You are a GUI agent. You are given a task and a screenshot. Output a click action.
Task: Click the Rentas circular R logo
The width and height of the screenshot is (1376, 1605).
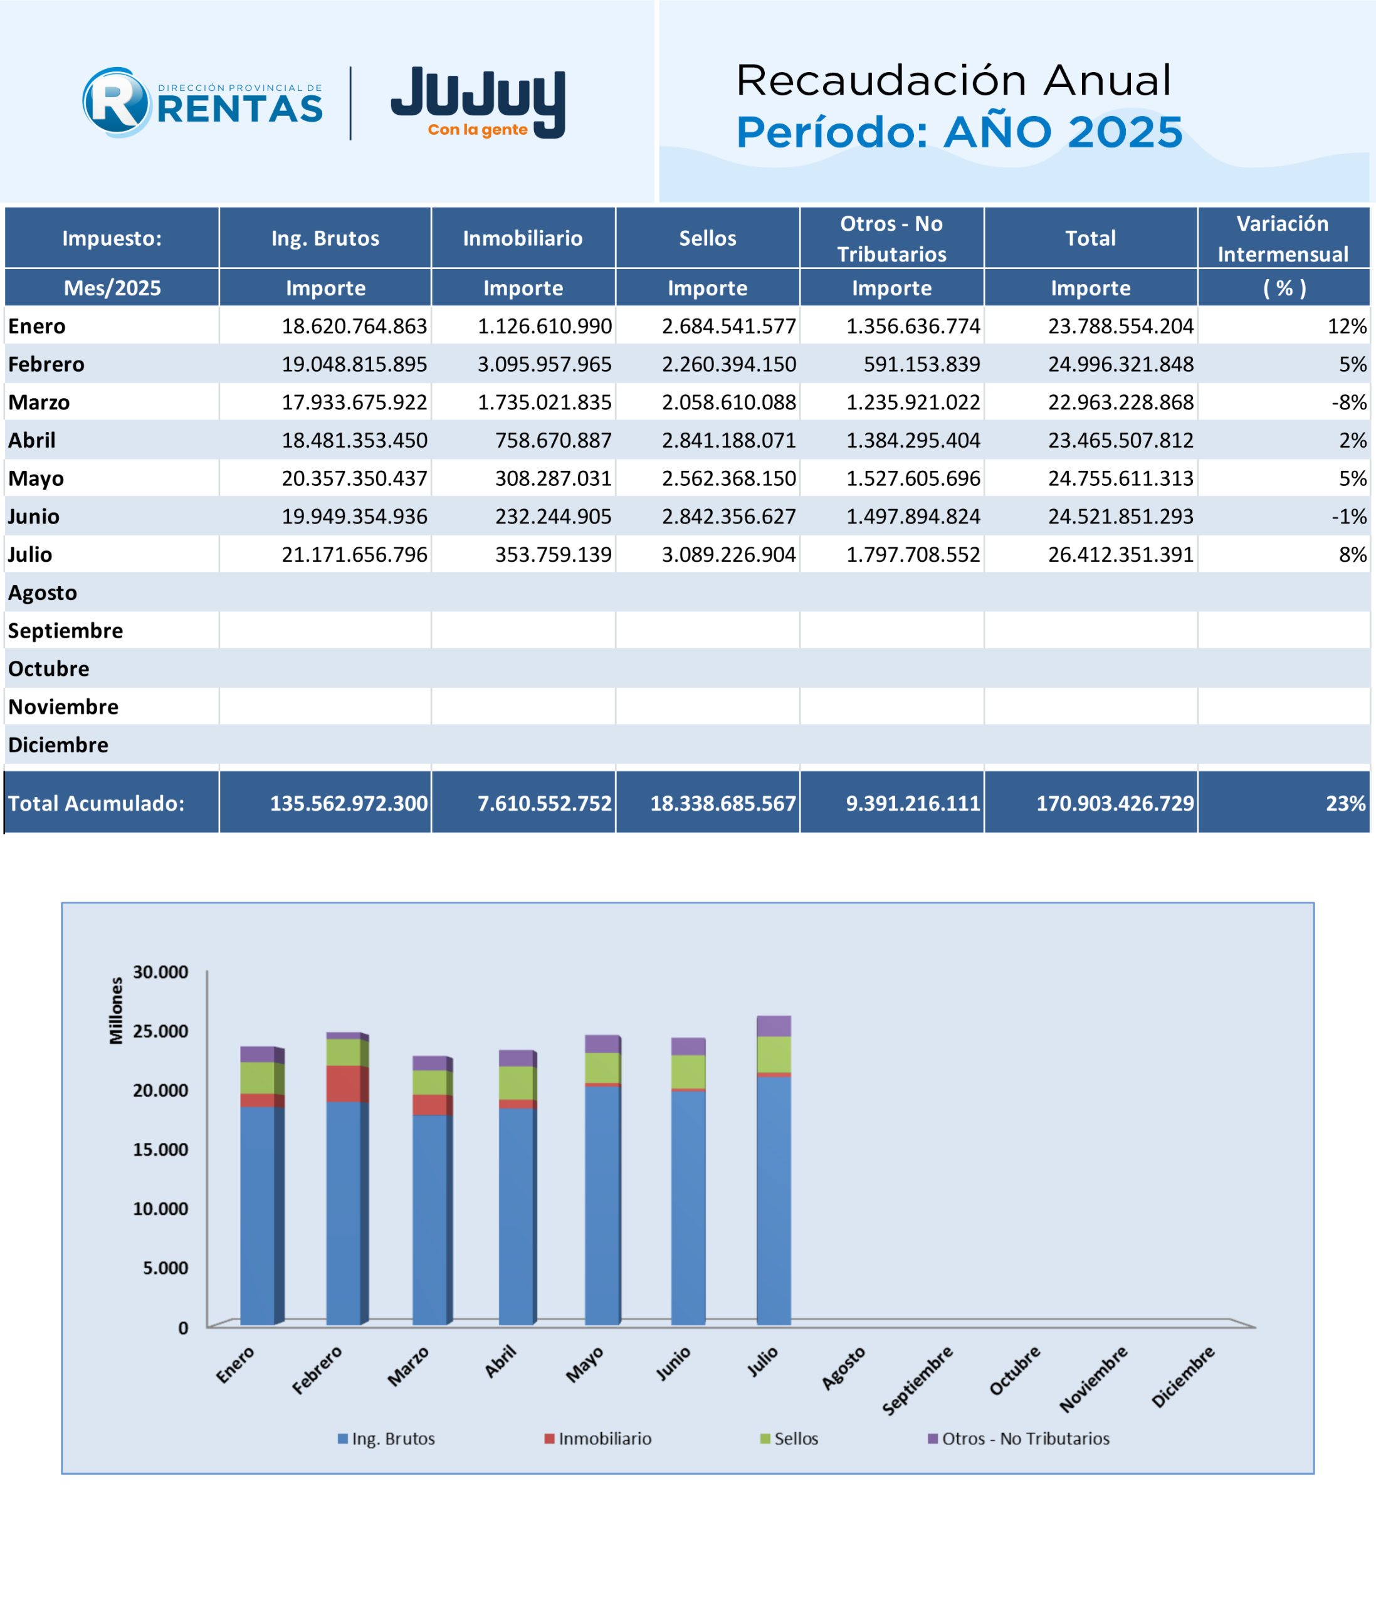tap(116, 102)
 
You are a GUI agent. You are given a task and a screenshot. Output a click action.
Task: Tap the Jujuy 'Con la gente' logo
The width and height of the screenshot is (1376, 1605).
tap(478, 102)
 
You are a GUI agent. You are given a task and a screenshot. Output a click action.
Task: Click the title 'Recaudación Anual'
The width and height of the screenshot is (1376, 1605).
tap(953, 80)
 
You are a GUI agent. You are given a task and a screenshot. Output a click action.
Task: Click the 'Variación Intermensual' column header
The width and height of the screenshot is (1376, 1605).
tap(1283, 239)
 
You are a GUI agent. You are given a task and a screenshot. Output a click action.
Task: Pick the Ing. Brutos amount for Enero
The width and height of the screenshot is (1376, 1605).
tap(354, 326)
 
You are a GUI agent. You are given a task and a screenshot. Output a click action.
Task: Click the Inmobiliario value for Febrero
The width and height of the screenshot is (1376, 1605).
tap(544, 364)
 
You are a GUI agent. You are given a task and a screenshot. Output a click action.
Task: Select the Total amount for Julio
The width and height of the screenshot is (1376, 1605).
tap(1120, 555)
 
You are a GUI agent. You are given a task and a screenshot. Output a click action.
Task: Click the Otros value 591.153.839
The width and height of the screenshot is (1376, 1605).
tap(922, 364)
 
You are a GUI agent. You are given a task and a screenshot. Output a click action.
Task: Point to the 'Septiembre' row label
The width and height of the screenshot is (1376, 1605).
tap(65, 631)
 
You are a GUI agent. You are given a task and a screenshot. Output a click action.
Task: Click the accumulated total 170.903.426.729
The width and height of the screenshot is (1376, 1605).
tap(1115, 803)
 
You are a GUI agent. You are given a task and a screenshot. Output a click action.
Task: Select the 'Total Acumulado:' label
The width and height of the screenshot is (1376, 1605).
tap(96, 803)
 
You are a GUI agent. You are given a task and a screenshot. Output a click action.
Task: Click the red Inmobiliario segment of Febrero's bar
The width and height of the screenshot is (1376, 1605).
tap(343, 1083)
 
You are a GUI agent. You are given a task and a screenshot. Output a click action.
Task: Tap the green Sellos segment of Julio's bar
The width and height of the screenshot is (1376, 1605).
tap(774, 1055)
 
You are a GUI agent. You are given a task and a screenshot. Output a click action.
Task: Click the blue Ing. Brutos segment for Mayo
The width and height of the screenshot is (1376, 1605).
tap(602, 1205)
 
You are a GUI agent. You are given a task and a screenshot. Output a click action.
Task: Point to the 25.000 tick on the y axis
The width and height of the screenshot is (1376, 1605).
tap(160, 1031)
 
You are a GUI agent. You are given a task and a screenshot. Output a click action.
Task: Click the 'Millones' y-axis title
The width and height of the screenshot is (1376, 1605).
tap(116, 1010)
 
